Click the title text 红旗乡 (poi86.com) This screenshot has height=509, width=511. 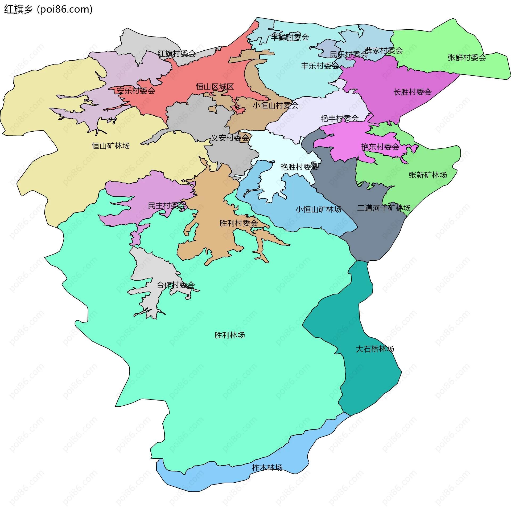[x=48, y=10]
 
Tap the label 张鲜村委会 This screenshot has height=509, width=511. [x=467, y=58]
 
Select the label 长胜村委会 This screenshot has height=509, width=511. [x=412, y=92]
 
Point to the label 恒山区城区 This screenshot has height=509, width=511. [x=215, y=87]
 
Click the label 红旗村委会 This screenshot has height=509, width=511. [x=176, y=54]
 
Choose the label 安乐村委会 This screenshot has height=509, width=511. [x=136, y=91]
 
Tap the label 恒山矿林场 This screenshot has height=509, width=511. [x=111, y=146]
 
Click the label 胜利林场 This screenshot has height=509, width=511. [x=229, y=335]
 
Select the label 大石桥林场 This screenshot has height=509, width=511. [x=374, y=349]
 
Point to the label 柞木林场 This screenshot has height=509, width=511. [x=267, y=467]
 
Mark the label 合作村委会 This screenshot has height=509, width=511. [x=175, y=285]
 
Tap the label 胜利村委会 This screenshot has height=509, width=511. [x=238, y=223]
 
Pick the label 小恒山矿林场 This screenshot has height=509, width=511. [x=318, y=209]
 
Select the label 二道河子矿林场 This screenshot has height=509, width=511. [x=384, y=208]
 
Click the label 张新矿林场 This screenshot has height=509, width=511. [x=428, y=175]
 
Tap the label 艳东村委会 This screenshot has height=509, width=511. [x=380, y=147]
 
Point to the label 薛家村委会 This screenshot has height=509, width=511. [x=384, y=50]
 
